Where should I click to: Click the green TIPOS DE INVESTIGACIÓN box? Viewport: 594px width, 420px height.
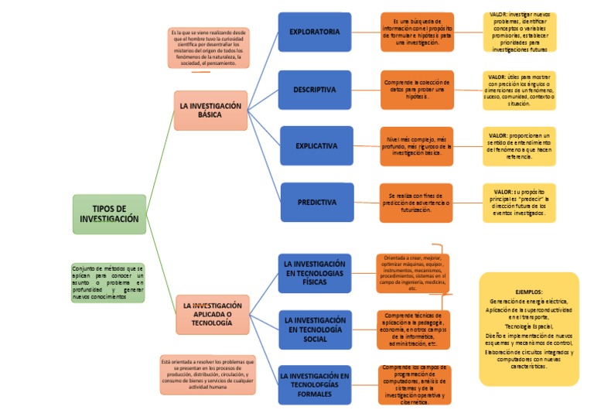[x=109, y=214]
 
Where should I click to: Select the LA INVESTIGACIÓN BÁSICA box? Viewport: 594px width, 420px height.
[x=210, y=111]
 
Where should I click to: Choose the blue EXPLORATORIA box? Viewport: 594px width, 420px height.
[x=314, y=32]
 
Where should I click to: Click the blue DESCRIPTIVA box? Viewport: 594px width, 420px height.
[x=314, y=90]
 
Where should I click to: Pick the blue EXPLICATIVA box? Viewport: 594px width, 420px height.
[x=316, y=145]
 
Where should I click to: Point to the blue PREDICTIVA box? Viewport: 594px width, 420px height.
[x=316, y=203]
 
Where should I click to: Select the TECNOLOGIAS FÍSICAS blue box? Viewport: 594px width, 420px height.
[x=315, y=273]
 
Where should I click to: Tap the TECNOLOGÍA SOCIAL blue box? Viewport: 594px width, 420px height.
[x=315, y=330]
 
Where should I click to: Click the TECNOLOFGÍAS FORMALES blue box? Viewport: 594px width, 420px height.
[x=315, y=384]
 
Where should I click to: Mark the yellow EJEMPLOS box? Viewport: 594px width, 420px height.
[x=528, y=328]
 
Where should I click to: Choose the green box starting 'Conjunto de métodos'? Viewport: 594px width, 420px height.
[x=108, y=282]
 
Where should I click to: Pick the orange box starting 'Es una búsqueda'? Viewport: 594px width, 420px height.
[x=417, y=32]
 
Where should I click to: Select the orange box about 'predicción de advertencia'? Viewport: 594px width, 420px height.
[x=417, y=203]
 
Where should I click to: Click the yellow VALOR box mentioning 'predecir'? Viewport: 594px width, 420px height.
[x=519, y=203]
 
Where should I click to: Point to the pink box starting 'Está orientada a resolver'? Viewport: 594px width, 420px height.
[x=208, y=374]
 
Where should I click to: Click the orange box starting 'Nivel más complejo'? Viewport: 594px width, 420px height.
[x=417, y=147]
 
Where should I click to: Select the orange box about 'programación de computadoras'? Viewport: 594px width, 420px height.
[x=414, y=385]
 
